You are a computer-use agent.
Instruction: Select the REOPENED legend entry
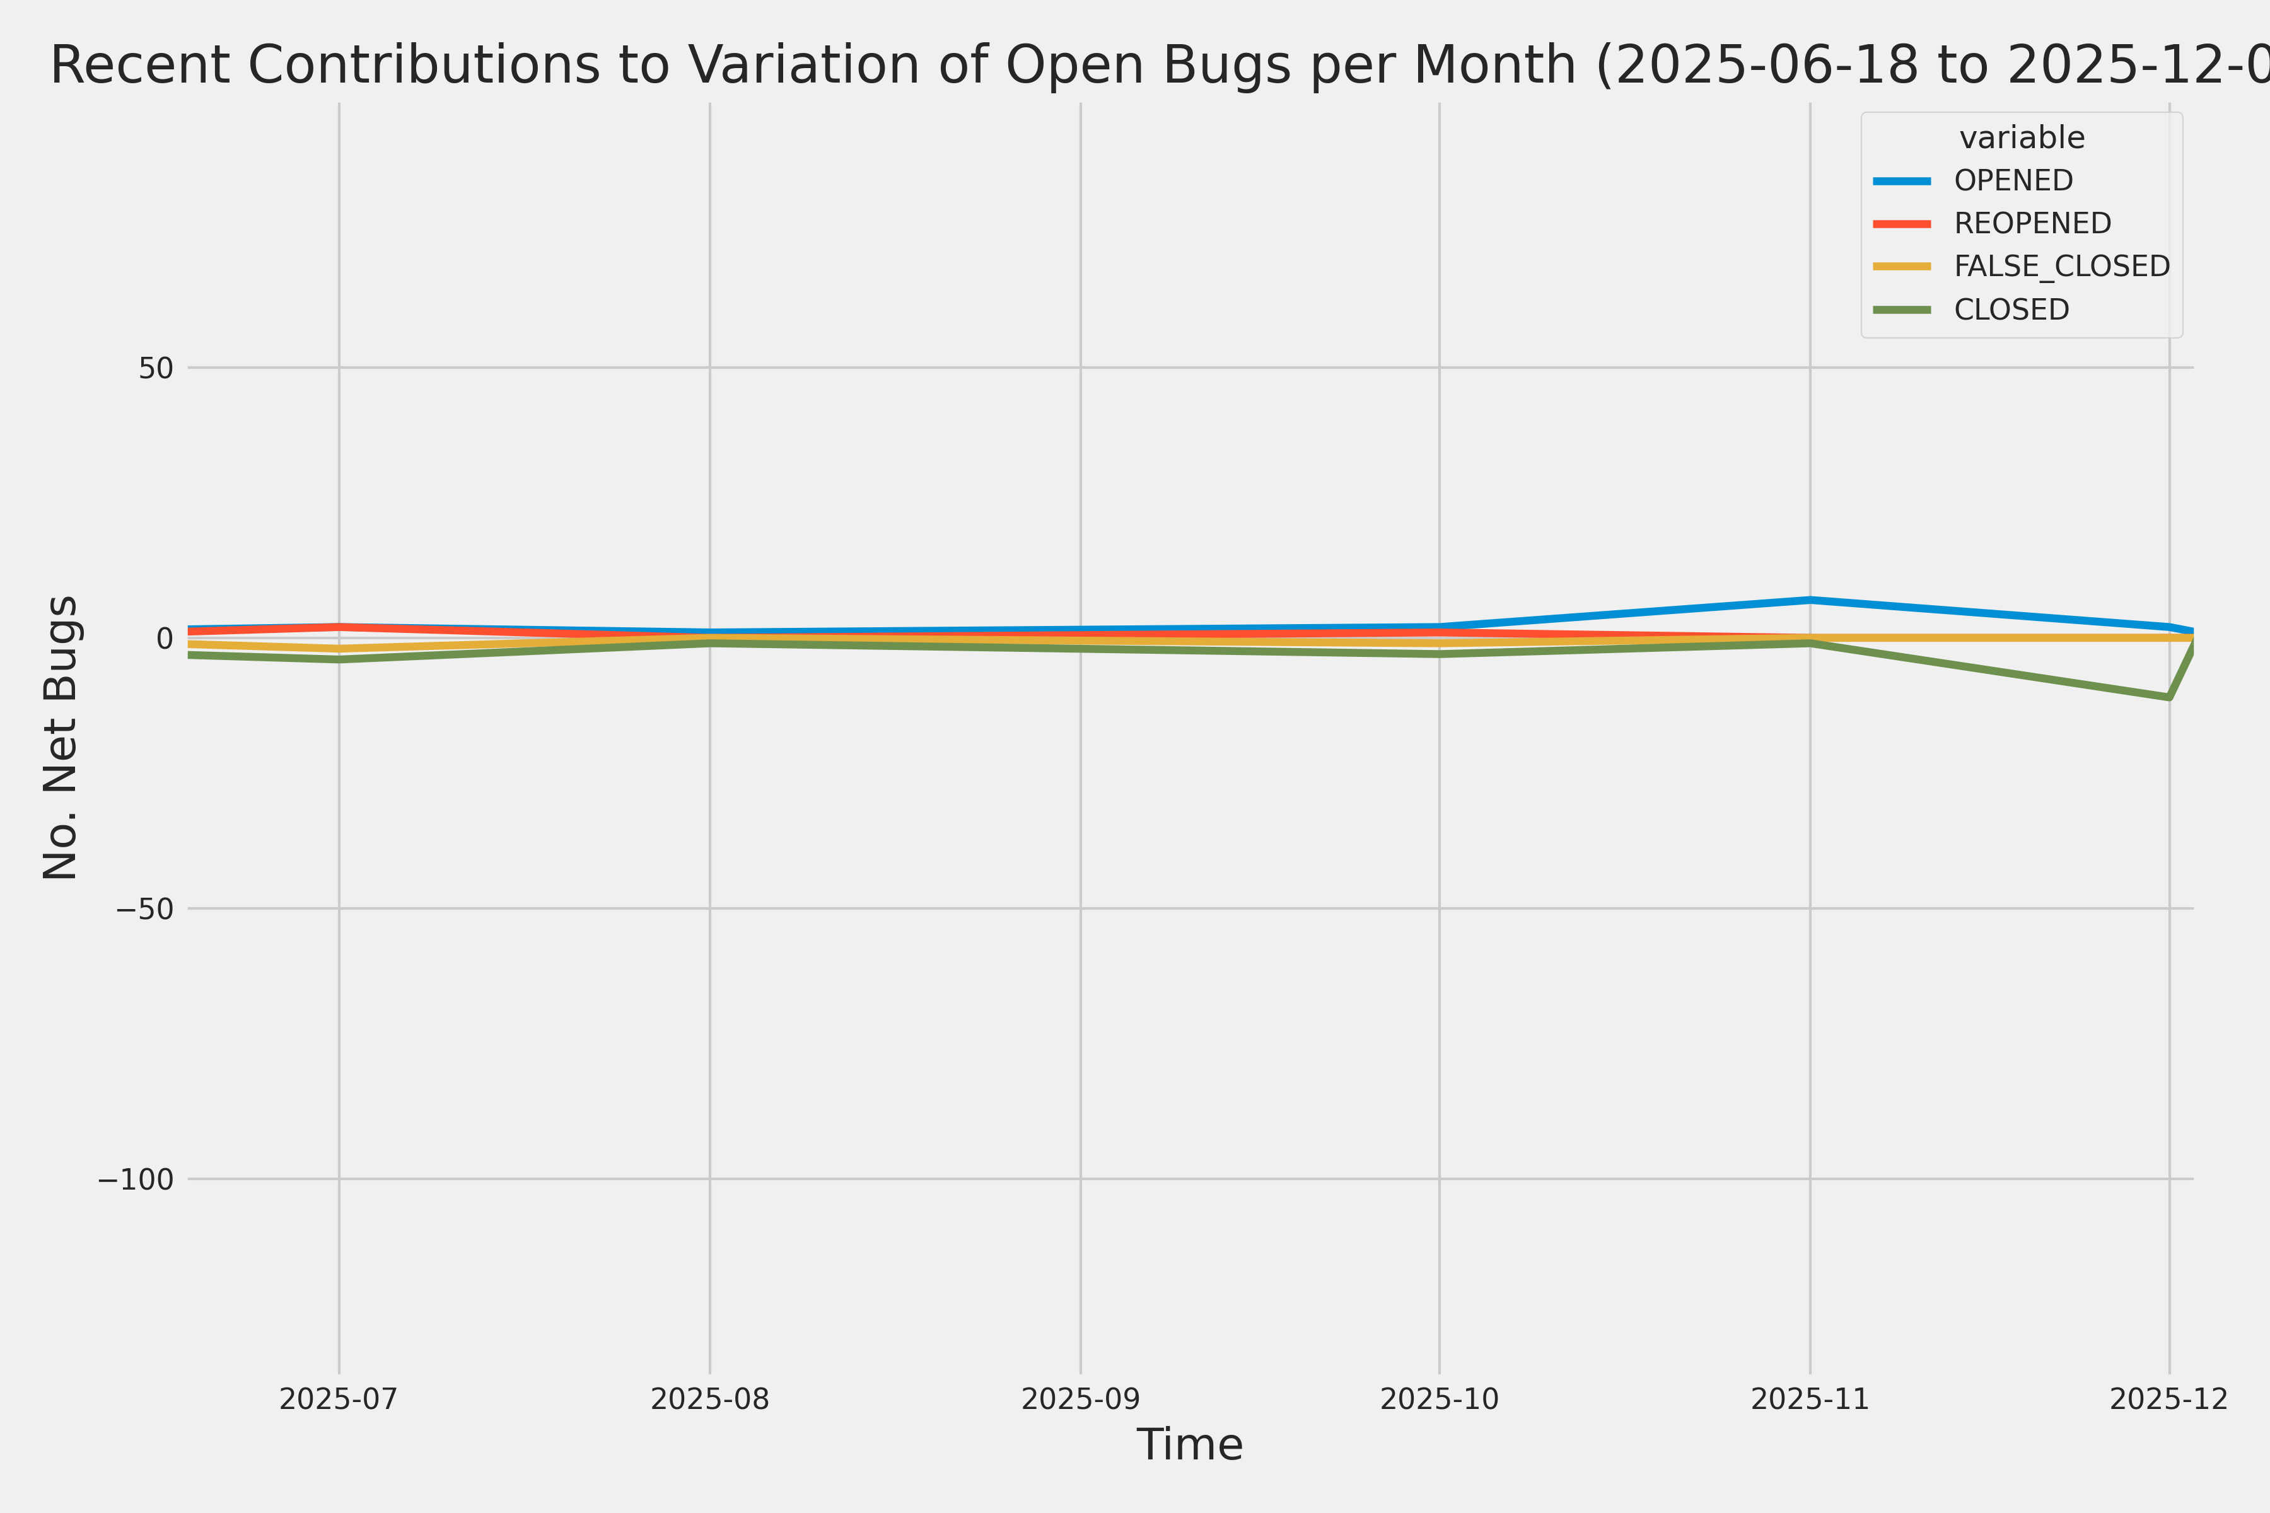[x=2032, y=223]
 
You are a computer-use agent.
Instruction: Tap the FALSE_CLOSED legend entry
[x=2061, y=266]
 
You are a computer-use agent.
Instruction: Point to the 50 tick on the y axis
[x=155, y=368]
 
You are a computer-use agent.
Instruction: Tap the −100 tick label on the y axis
[x=135, y=1179]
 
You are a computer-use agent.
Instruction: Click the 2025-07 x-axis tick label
[x=339, y=1399]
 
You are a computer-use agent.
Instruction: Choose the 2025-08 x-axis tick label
[x=711, y=1399]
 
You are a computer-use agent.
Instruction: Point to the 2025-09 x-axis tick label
[x=1080, y=1399]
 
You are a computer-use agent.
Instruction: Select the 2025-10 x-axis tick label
[x=1439, y=1399]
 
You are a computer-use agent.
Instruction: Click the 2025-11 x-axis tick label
[x=1810, y=1399]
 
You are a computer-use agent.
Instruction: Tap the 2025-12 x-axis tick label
[x=2168, y=1399]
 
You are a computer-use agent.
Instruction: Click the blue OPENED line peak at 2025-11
[x=1810, y=600]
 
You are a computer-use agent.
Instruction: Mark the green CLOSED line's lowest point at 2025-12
[x=2168, y=697]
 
